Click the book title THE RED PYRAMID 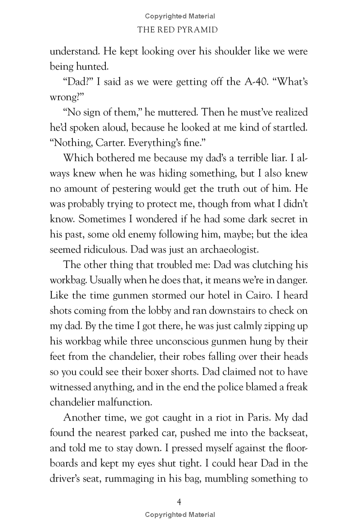180,30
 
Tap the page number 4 180,501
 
